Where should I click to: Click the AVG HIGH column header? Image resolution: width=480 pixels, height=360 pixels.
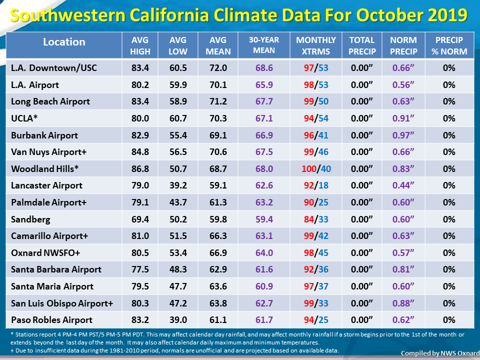point(140,45)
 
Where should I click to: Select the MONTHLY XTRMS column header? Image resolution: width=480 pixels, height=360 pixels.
point(316,45)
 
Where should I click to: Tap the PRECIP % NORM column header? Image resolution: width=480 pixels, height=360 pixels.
point(449,45)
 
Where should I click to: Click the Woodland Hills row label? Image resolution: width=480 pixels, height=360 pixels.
point(44,168)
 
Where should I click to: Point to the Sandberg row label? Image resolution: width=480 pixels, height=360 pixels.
point(30,219)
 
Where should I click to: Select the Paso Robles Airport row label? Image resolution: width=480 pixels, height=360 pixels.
point(51,320)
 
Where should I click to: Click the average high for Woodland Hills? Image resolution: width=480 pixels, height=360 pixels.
point(140,168)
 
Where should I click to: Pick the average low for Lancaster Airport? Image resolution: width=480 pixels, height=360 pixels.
point(178,185)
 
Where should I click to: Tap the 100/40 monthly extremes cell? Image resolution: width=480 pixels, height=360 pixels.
point(316,168)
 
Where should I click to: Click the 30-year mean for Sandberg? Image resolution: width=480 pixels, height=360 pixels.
point(264,219)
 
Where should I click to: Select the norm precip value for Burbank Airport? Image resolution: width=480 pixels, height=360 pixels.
point(403,135)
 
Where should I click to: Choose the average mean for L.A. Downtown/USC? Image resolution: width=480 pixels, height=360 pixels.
point(218,67)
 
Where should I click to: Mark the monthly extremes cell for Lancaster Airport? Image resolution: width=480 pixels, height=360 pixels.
point(316,185)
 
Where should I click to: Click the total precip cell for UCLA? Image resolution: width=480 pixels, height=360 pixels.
point(362,118)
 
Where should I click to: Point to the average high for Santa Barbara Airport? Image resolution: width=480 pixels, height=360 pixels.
point(140,269)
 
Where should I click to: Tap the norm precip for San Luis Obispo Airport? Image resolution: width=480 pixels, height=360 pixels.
point(403,303)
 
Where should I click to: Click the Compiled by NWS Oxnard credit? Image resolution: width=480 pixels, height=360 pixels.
point(440,353)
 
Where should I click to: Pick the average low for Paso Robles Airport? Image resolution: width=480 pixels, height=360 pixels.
point(178,320)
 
